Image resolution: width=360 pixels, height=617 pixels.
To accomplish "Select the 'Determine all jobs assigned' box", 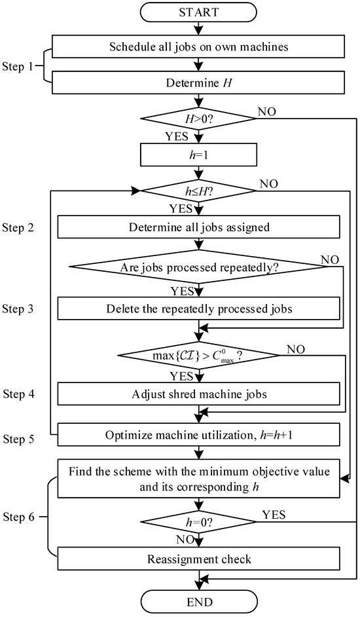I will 198,228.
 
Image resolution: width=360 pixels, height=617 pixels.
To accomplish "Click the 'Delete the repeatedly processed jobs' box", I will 198,308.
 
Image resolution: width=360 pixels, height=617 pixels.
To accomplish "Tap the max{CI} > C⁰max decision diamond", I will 198,356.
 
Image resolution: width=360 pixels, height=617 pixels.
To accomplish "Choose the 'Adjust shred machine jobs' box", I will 198,394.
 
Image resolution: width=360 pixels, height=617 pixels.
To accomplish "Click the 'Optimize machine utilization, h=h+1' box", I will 198,434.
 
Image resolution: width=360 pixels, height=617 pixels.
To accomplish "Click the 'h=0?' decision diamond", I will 198,523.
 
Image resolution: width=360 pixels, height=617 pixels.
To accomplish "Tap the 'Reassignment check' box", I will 198,559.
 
